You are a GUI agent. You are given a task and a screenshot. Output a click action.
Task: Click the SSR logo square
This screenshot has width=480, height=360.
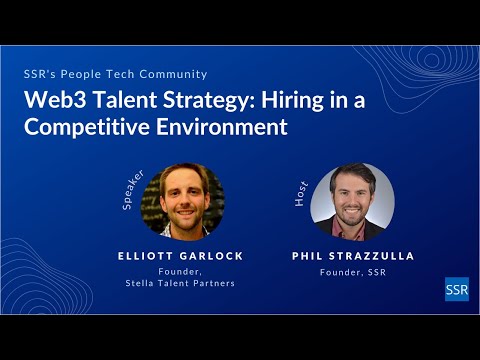pos(456,288)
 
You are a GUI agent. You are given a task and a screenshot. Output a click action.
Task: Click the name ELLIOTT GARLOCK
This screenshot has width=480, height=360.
pos(180,256)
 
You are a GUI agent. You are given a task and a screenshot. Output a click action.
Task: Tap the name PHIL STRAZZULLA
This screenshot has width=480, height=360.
pos(354,256)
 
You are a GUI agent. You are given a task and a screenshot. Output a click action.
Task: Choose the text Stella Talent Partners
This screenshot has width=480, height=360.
pos(180,283)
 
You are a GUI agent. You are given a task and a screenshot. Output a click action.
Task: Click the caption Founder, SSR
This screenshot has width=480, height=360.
pos(354,271)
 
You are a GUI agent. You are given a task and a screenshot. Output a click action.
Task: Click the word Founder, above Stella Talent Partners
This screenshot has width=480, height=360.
pos(180,271)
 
